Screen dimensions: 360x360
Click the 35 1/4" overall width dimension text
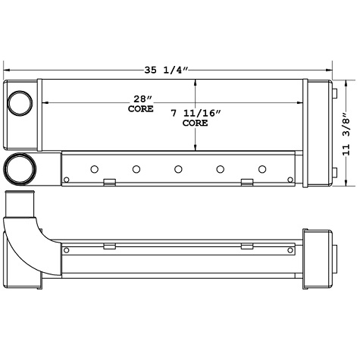pyautogui.click(x=165, y=70)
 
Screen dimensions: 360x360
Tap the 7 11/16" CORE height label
pyautogui.click(x=195, y=117)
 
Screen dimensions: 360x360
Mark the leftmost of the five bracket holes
pyautogui.click(x=95, y=168)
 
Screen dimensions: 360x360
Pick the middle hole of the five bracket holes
pyautogui.click(x=178, y=168)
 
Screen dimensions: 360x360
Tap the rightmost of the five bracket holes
pyautogui.click(x=262, y=168)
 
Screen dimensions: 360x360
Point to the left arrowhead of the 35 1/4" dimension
pyautogui.click(x=7, y=70)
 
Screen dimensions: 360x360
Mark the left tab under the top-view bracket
pyautogui.click(x=108, y=182)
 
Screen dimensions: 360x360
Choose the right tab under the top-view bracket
pyautogui.click(x=246, y=182)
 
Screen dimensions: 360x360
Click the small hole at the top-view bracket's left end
pyautogui.click(x=67, y=179)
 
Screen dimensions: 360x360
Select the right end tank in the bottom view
pyautogui.click(x=318, y=258)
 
